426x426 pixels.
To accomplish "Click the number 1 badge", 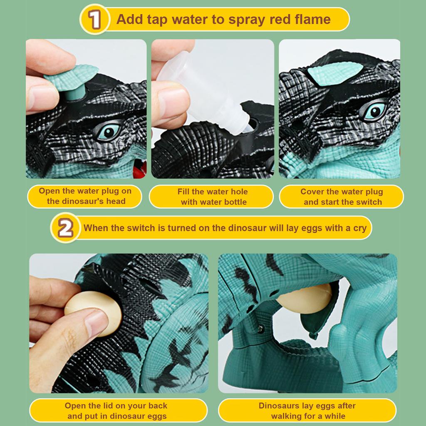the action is pyautogui.click(x=95, y=19).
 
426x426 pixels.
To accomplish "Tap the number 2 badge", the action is pyautogui.click(x=65, y=228).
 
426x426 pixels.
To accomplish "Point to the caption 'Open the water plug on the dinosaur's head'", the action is pyautogui.click(x=85, y=196).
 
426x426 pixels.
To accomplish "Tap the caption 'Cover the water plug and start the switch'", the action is pyautogui.click(x=342, y=197).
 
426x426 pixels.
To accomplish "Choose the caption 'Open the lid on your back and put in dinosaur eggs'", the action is pyautogui.click(x=116, y=411).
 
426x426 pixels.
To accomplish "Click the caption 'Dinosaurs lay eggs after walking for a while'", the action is pyautogui.click(x=307, y=411).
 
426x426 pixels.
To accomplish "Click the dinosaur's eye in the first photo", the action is pyautogui.click(x=109, y=132).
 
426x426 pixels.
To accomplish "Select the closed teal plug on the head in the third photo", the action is pyautogui.click(x=335, y=73).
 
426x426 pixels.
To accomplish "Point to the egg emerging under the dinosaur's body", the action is pyautogui.click(x=304, y=299).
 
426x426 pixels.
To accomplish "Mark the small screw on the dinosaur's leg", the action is pyautogui.click(x=260, y=329).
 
